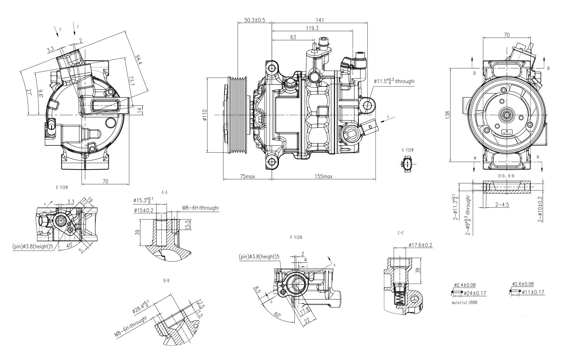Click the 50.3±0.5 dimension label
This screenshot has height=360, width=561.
pyautogui.click(x=254, y=20)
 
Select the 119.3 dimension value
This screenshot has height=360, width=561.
pyautogui.click(x=312, y=28)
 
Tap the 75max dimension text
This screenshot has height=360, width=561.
pyautogui.click(x=248, y=176)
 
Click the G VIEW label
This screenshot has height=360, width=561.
pyautogui.click(x=408, y=150)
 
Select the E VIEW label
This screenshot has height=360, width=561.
pyautogui.click(x=62, y=188)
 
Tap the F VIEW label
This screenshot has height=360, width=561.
pyautogui.click(x=295, y=238)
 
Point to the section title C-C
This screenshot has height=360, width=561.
pyautogui.click(x=401, y=233)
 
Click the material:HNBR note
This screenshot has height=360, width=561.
pyautogui.click(x=467, y=303)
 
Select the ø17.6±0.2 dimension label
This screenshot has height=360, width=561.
pyautogui.click(x=420, y=245)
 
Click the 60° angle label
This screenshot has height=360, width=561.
pyautogui.click(x=277, y=315)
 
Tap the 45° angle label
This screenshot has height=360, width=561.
pyautogui.click(x=69, y=245)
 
